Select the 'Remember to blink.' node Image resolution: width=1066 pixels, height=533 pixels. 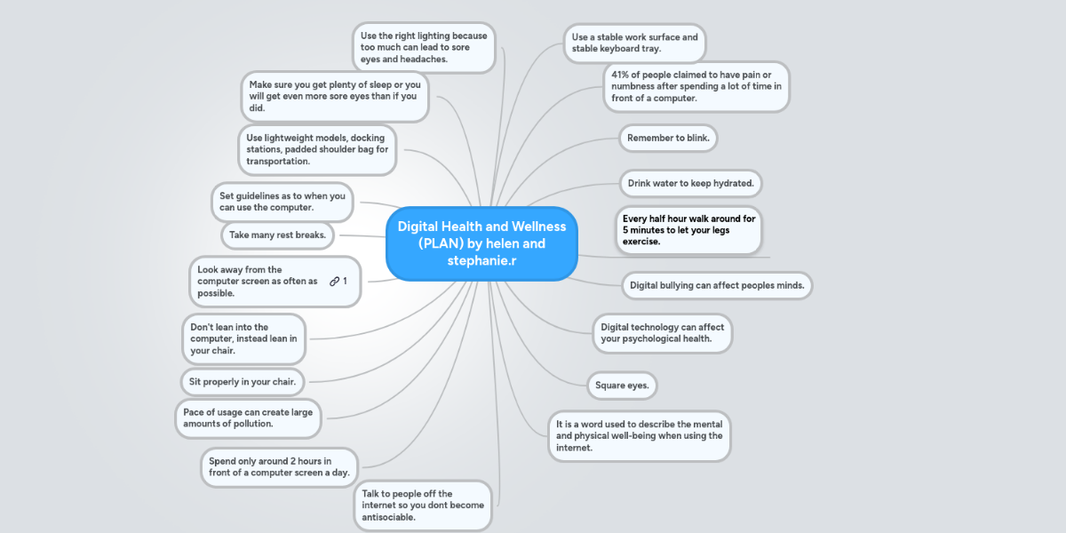[667, 138]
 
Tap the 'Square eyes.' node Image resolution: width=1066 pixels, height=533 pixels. [622, 386]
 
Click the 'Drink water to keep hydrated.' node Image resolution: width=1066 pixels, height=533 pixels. [690, 183]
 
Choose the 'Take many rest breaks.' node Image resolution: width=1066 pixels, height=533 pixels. [277, 235]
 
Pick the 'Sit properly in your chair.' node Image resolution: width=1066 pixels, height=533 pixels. [242, 382]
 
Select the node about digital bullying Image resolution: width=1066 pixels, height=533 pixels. [716, 285]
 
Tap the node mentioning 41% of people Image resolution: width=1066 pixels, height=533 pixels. [696, 86]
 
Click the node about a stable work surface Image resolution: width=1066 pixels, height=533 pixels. [634, 43]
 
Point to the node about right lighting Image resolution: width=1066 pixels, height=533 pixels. [423, 48]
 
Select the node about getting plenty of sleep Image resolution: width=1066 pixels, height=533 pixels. [334, 96]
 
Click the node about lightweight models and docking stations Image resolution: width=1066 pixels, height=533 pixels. [317, 149]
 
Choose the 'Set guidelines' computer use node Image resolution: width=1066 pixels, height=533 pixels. [282, 202]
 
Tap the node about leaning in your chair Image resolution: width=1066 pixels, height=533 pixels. [243, 338]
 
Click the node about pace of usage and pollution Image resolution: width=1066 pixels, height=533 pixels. [248, 418]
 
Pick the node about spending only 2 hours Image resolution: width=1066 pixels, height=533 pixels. [278, 467]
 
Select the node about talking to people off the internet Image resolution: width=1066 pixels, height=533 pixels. [423, 505]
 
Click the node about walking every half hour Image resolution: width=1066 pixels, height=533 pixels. [688, 229]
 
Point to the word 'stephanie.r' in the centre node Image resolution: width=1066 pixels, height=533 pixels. [482, 261]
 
